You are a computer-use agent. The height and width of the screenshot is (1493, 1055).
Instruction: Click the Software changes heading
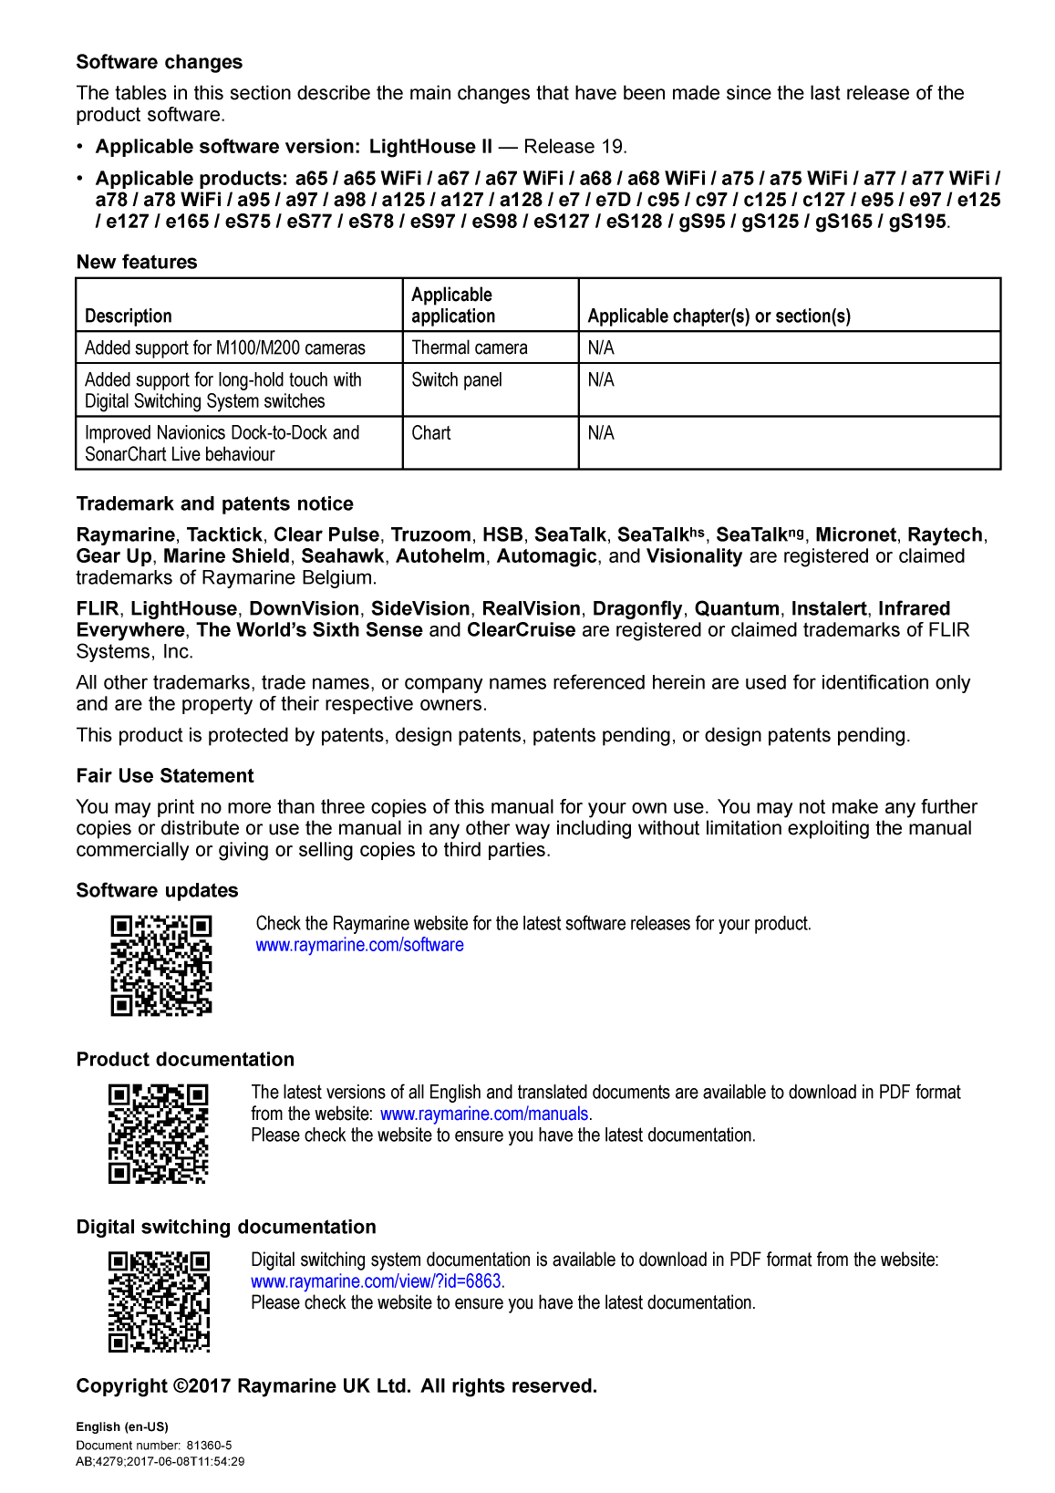[160, 62]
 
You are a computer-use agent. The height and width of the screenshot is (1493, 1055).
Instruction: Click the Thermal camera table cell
[470, 347]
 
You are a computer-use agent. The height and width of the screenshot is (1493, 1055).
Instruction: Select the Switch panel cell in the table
[457, 380]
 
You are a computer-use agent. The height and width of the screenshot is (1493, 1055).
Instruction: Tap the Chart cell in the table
[431, 433]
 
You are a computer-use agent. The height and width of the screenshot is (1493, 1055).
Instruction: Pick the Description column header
[129, 316]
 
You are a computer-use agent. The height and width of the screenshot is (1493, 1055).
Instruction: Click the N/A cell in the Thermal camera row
[601, 347]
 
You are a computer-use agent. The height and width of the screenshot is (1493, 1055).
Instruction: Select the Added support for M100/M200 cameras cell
[225, 347]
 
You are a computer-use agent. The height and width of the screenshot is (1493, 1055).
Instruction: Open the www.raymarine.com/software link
[359, 945]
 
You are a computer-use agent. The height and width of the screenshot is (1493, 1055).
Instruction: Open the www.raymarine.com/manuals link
[484, 1114]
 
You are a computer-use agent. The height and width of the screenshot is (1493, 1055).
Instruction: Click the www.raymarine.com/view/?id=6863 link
[376, 1281]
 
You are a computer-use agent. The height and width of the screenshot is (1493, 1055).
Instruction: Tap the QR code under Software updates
[161, 966]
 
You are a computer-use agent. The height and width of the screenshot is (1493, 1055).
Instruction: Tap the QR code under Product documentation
[159, 1134]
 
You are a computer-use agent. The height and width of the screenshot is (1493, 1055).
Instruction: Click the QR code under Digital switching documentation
[160, 1301]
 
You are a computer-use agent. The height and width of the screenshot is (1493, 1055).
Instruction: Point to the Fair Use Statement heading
[165, 776]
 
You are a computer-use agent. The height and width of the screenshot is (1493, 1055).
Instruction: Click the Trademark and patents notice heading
[215, 504]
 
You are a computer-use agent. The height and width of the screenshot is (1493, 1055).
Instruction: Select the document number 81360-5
[209, 1446]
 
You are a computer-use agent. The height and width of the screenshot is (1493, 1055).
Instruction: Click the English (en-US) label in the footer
[122, 1427]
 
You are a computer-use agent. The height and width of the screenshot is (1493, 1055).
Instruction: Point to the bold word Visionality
[694, 556]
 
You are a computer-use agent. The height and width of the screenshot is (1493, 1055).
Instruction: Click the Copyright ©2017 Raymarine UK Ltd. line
[336, 1386]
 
